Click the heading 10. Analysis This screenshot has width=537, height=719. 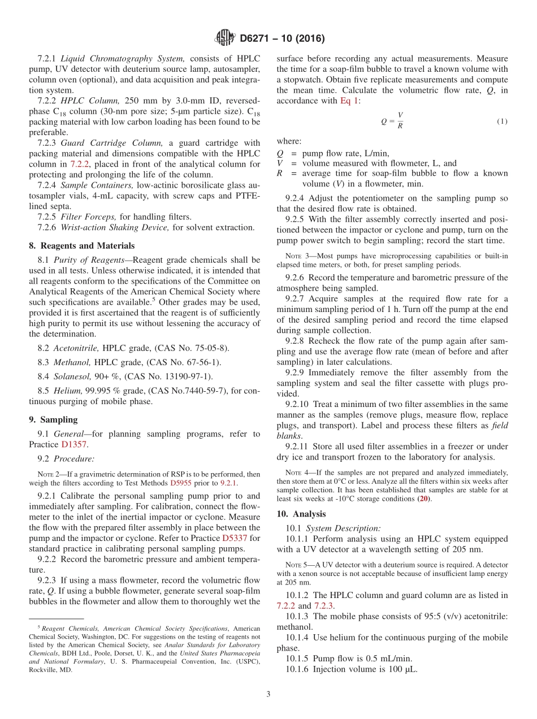tap(301, 514)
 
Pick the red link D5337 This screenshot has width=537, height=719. tap(236, 538)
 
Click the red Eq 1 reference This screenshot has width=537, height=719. tap(349, 101)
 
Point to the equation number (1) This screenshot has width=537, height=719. tap(502, 122)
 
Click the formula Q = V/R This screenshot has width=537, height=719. tap(392, 120)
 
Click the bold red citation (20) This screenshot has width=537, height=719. tap(424, 499)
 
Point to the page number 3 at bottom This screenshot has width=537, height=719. tap(268, 694)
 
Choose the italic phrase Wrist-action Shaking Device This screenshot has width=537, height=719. tap(115, 227)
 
